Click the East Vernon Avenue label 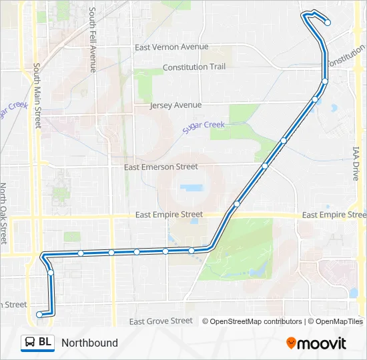click(171, 47)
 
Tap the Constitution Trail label click(194, 67)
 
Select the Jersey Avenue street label click(175, 105)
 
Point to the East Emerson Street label click(161, 167)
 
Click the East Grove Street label click(161, 321)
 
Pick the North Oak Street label click(3, 214)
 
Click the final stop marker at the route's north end click(328, 23)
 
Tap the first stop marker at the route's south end click(39, 314)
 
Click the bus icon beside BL click(30, 343)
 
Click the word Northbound click(89, 343)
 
